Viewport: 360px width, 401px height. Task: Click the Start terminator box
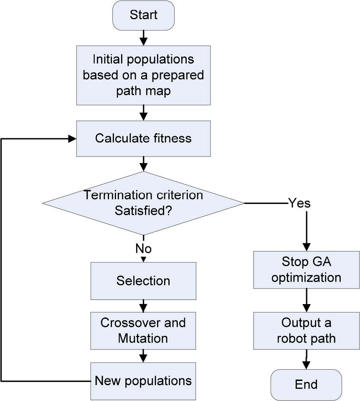point(143,15)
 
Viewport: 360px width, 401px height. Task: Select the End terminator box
point(306,384)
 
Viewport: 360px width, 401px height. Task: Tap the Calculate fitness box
point(143,138)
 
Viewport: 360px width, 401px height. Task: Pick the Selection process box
point(143,281)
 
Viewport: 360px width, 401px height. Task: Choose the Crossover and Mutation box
point(143,330)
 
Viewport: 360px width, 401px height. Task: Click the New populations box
point(143,381)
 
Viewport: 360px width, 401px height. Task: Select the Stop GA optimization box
point(307,270)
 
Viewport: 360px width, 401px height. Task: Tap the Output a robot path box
point(307,330)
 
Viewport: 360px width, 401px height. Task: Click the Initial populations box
point(143,75)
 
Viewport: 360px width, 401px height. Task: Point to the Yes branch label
point(299,203)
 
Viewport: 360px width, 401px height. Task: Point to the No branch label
point(143,249)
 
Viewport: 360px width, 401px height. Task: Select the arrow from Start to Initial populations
point(143,38)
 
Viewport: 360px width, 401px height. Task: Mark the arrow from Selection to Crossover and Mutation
point(143,305)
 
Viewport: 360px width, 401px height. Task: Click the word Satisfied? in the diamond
point(143,211)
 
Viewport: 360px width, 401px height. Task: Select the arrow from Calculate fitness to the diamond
point(143,163)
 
